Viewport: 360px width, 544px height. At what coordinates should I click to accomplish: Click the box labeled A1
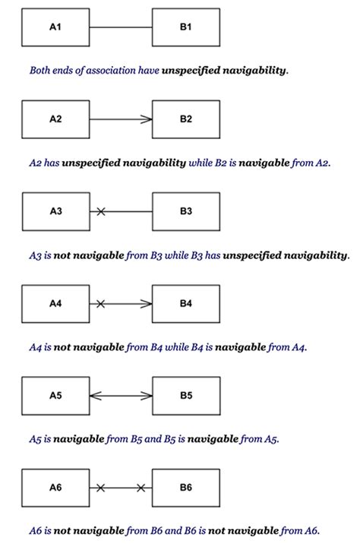point(55,27)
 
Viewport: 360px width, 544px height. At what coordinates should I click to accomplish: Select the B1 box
point(186,27)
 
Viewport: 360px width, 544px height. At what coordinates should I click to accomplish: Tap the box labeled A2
point(55,119)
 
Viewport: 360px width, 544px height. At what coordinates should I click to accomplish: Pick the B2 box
point(186,119)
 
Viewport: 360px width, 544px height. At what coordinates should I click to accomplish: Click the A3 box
point(55,211)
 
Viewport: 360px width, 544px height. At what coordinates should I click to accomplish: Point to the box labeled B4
point(186,304)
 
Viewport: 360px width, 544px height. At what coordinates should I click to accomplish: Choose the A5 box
point(55,396)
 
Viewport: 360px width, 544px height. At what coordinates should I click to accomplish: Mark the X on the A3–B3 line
point(100,211)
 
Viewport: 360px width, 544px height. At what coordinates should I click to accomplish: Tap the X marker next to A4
point(100,304)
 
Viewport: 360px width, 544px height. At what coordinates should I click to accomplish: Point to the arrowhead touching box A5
point(94,396)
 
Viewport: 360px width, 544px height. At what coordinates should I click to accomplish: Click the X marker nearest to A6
point(100,488)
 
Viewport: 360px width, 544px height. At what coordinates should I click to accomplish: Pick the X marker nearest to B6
point(141,488)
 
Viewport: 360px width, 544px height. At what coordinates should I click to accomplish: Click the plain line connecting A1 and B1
point(121,27)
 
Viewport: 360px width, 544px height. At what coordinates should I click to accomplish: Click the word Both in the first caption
point(41,71)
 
